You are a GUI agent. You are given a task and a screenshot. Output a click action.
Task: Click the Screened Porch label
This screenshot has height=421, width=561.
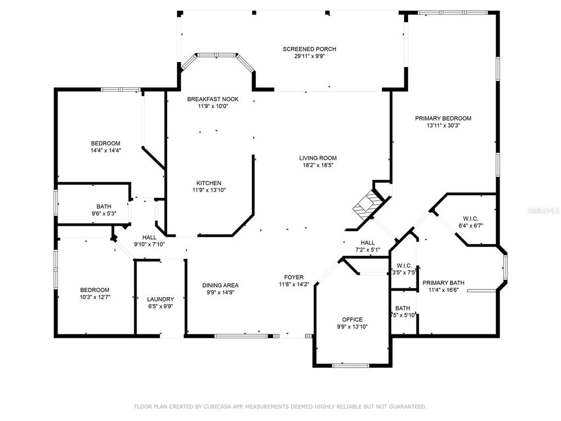point(309,49)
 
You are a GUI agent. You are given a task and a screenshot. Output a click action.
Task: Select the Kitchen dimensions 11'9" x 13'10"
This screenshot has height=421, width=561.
point(209,190)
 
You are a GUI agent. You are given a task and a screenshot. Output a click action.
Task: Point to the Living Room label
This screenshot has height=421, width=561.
point(318,158)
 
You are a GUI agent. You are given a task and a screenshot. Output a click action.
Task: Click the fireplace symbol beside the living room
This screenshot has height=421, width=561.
point(365,204)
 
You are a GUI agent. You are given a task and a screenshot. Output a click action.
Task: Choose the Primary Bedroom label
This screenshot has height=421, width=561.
point(443,118)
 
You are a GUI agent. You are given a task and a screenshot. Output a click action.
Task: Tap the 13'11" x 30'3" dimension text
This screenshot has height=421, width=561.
point(443,126)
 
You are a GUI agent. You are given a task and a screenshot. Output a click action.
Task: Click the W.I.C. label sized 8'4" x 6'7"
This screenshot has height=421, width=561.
point(471,218)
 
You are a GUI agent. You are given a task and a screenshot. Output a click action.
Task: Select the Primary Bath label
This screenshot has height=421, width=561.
point(443,283)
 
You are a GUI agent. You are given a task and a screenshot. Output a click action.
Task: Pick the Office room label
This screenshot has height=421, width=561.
point(352,320)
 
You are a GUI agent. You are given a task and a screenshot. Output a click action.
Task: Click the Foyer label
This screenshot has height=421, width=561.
point(294,277)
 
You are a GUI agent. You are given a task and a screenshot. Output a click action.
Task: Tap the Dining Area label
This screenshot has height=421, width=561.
point(220,285)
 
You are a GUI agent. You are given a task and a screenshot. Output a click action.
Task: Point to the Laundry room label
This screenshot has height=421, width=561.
point(161,299)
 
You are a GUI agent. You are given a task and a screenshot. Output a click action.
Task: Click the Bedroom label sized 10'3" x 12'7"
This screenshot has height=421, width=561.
point(95,290)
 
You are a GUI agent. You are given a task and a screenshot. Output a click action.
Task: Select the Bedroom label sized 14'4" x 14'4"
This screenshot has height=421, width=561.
point(105,144)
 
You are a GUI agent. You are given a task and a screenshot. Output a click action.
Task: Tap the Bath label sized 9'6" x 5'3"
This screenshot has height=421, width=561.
point(104,207)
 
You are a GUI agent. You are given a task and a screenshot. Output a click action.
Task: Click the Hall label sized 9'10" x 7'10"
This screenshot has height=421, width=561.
point(149,237)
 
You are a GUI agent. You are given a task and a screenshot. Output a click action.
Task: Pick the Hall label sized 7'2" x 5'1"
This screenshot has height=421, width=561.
point(368,243)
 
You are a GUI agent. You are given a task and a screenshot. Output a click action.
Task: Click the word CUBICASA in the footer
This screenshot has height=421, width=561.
point(212,407)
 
